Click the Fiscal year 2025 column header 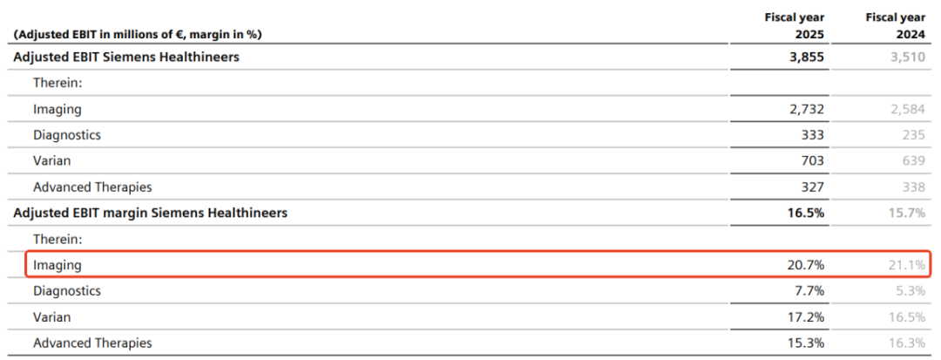pos(794,26)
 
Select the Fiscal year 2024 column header pos(896,26)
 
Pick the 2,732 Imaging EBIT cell pos(807,109)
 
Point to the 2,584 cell pos(909,109)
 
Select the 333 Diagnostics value pos(813,135)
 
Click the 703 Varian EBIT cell pos(813,160)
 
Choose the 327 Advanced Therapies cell pos(813,187)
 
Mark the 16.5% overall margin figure pos(806,213)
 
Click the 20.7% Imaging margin pos(806,265)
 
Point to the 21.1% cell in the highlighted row pos(907,265)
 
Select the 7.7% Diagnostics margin pos(809,291)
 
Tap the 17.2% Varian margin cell pos(806,316)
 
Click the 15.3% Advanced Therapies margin pos(806,343)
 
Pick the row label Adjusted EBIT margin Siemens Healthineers pos(150,213)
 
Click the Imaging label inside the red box pos(58,265)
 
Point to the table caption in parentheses pos(137,35)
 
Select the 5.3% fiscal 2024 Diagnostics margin pos(911,291)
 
